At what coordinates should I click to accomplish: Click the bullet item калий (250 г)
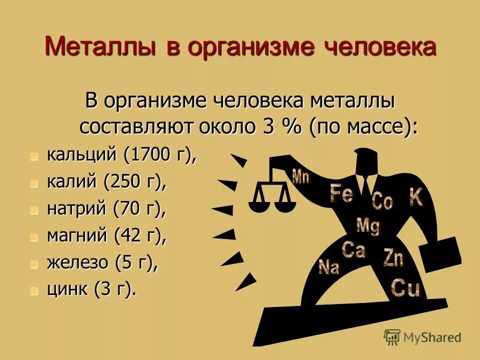[x=106, y=182]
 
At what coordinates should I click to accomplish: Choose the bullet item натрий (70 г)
[x=106, y=209]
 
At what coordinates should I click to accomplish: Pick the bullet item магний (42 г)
[x=106, y=235]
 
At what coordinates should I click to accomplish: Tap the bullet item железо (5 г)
[x=102, y=262]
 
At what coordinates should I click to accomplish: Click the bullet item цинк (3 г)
[x=91, y=289]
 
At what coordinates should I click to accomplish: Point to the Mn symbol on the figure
[x=300, y=176]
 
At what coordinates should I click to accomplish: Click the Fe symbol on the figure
[x=341, y=193]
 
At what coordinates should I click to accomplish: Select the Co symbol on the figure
[x=382, y=201]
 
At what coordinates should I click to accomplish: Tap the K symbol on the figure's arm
[x=416, y=197]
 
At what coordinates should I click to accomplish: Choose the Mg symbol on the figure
[x=368, y=226]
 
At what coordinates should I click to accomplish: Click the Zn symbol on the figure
[x=393, y=257]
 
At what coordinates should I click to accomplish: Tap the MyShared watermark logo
[x=422, y=337]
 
